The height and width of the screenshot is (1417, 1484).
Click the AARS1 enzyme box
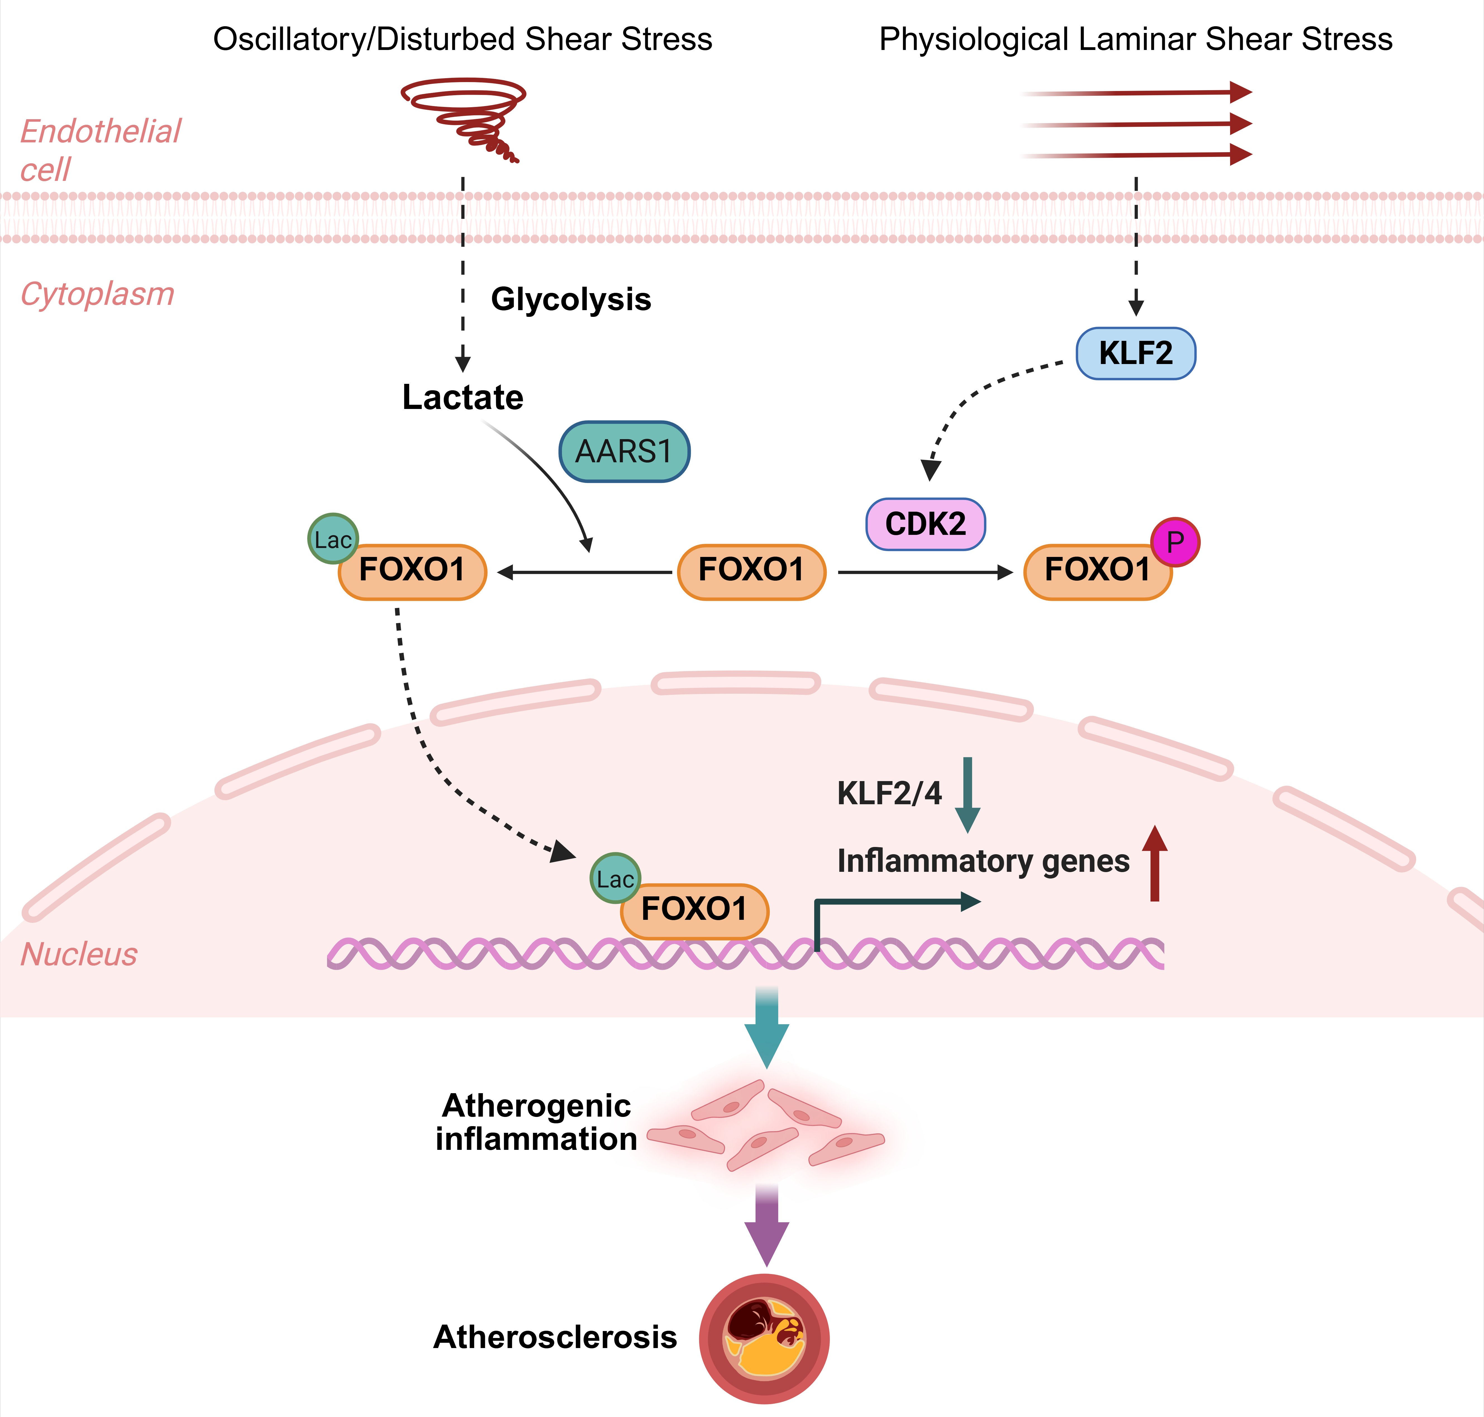(624, 452)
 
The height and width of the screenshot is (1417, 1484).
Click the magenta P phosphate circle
(1175, 542)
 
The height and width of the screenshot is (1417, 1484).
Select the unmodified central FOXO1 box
(751, 572)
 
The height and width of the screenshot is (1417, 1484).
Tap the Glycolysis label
(570, 299)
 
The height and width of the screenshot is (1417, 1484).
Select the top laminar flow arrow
(1137, 93)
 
